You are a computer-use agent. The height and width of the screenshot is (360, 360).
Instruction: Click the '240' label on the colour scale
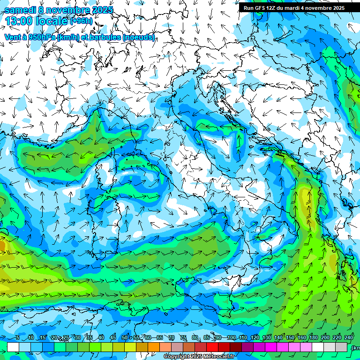pos(348,338)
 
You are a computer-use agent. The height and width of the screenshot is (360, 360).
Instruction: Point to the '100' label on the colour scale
pos(231,338)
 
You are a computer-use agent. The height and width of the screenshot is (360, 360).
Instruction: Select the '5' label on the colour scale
pos(18,338)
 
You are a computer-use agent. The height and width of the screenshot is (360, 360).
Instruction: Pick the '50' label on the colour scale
pos(125,338)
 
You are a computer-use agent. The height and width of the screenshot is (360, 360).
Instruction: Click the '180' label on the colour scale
pos(313,338)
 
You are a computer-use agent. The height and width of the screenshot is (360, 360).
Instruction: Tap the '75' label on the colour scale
pos(184,338)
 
